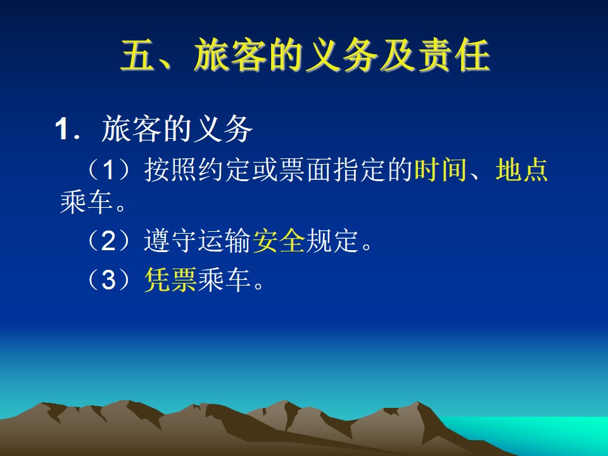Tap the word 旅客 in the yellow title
(x=230, y=55)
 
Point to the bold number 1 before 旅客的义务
(x=62, y=129)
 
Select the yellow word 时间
(x=441, y=170)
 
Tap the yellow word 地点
(x=521, y=170)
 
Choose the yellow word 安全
(x=279, y=241)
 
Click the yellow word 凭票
(x=170, y=279)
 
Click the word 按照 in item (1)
(x=170, y=170)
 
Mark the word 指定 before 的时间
(x=360, y=170)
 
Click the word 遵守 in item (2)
(x=170, y=241)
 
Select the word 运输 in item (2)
(x=225, y=241)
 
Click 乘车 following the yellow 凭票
(x=224, y=279)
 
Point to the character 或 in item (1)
(x=265, y=170)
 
